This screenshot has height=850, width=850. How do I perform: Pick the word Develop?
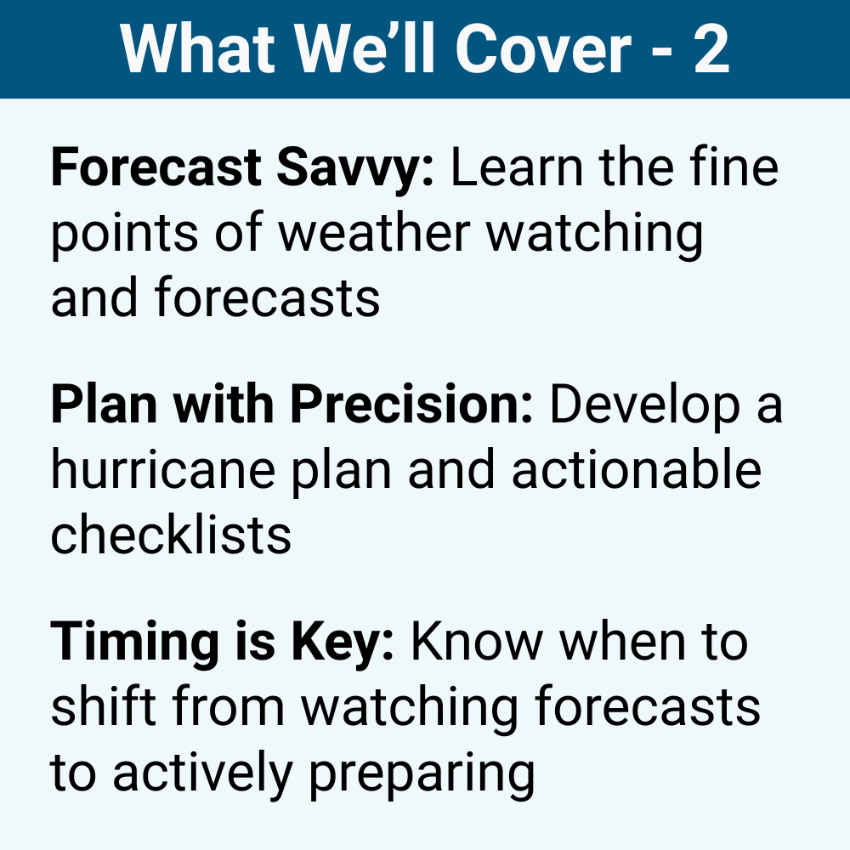click(643, 406)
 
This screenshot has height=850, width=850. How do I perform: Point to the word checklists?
click(171, 534)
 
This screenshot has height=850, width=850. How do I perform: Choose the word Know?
click(475, 644)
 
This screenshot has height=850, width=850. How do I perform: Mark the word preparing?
click(421, 773)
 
